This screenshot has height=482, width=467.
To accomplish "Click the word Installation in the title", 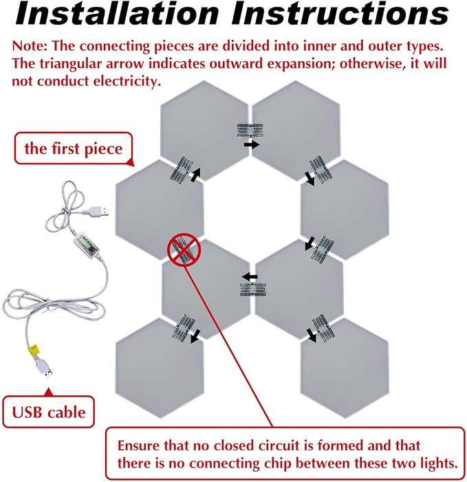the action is pos(117,13).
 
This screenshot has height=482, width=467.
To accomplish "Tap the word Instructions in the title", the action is pos(340,13).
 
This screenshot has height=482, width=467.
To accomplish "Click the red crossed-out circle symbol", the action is pos(184,250).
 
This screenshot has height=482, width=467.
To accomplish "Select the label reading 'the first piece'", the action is pos(74,149).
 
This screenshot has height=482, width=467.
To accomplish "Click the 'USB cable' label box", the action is pos(49,413).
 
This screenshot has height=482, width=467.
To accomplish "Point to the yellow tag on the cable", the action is pos(34,350).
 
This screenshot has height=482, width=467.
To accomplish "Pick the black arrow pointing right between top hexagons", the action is pos(252,144).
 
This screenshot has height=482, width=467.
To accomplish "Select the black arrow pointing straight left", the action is pos(250,276).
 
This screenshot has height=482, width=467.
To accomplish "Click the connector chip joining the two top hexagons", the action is pos(250,131).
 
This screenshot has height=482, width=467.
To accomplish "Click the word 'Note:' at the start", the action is pos(30,46).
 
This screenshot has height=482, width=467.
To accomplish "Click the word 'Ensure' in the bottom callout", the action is pos(138,446).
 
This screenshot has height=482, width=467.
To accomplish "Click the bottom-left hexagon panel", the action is pos(160,368).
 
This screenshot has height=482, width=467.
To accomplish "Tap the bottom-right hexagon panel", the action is pos(345,368).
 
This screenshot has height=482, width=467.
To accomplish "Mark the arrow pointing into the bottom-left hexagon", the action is pos(195,336).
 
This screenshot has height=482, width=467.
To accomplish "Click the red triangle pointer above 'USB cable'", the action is pos(48,392).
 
